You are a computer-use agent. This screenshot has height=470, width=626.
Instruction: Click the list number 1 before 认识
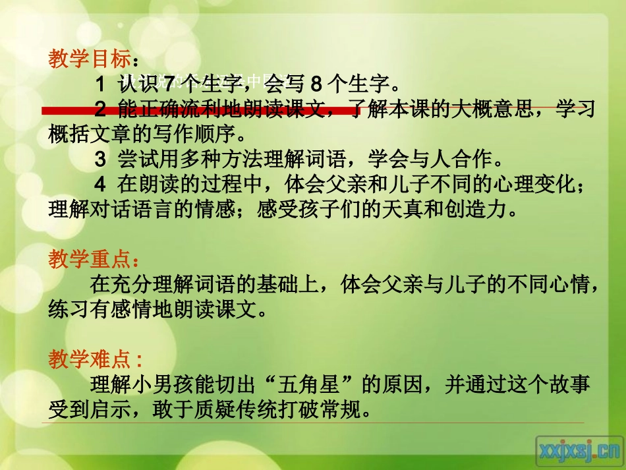(101, 84)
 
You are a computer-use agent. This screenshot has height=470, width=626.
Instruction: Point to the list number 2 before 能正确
(101, 109)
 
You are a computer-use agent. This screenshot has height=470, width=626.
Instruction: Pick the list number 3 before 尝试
(101, 159)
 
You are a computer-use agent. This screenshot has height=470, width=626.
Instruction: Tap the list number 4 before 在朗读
(101, 185)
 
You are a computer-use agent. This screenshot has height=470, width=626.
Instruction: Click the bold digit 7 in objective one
(167, 84)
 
